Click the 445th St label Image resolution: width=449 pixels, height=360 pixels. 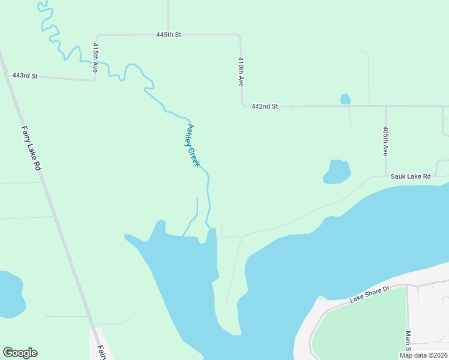click(x=169, y=35)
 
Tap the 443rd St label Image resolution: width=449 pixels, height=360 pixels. click(x=25, y=76)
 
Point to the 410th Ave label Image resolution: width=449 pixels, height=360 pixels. click(x=241, y=72)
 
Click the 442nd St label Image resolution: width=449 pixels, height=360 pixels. click(x=265, y=106)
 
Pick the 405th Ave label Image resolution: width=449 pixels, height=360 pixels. click(x=386, y=141)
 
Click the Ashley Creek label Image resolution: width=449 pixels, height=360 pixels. click(x=193, y=145)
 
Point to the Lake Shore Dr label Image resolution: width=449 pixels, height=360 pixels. click(x=370, y=295)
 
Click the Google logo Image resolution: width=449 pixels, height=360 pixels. click(x=20, y=353)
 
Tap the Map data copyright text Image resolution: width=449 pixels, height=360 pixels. click(x=423, y=355)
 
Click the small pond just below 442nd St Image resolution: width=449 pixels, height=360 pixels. click(x=345, y=99)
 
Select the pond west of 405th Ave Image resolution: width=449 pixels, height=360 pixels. click(x=337, y=172)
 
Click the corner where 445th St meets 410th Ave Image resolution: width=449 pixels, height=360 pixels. click(x=240, y=36)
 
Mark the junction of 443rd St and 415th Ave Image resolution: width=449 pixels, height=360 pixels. click(x=95, y=79)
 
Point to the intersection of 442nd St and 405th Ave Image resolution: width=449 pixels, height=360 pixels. click(x=385, y=106)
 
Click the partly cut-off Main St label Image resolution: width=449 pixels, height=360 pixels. click(x=408, y=342)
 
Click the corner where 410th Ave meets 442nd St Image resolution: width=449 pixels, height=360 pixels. click(x=243, y=106)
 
